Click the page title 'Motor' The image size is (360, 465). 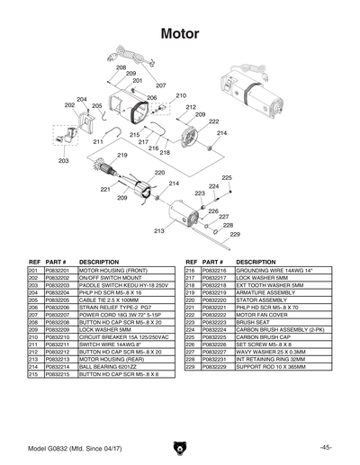click(x=180, y=33)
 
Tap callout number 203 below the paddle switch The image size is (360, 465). click(x=63, y=161)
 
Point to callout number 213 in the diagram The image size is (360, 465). click(x=158, y=231)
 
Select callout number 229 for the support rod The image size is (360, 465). click(x=235, y=234)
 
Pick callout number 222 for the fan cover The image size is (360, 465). click(x=213, y=121)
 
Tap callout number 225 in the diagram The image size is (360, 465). click(x=227, y=178)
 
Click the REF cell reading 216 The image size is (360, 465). click(x=190, y=270)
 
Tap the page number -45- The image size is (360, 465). click(x=325, y=447)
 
